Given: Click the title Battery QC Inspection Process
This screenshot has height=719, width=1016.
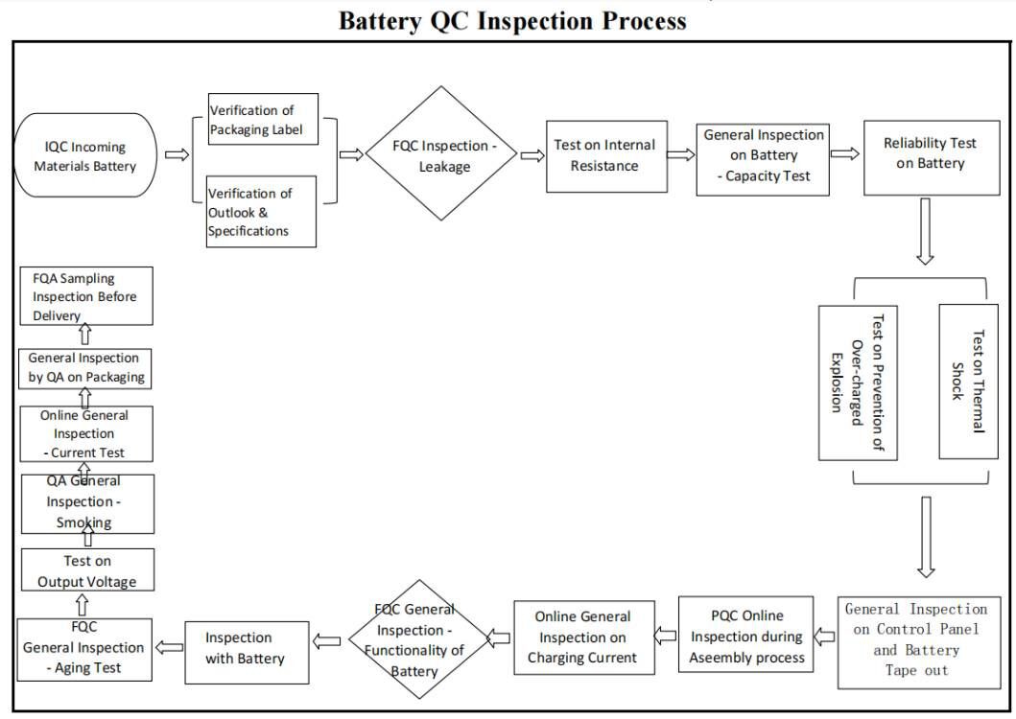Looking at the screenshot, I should pos(512,20).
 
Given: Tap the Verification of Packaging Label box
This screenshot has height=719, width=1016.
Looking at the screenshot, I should pos(262,121).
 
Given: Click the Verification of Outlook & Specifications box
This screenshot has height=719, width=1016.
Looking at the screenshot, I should pos(261,211).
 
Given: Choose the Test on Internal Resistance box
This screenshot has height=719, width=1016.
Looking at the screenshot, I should pos(604,155).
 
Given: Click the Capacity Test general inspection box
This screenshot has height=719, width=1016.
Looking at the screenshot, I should pos(763,156).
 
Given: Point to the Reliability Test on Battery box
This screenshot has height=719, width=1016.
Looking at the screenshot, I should pos(930,153).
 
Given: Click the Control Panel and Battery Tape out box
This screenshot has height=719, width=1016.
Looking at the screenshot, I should pos(919,640).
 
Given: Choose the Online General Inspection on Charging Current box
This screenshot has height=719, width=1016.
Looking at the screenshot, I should pos(582,637).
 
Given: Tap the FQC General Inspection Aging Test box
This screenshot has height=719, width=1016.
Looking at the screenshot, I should pos(84,648).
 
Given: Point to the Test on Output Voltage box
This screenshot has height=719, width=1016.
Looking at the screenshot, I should pos(87,570).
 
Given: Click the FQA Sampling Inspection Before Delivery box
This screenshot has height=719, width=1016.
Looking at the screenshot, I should pos(85,296).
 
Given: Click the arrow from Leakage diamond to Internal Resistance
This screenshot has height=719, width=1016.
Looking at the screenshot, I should pos(532,154).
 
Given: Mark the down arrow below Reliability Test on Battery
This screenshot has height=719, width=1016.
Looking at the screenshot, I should pos(925,230).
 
